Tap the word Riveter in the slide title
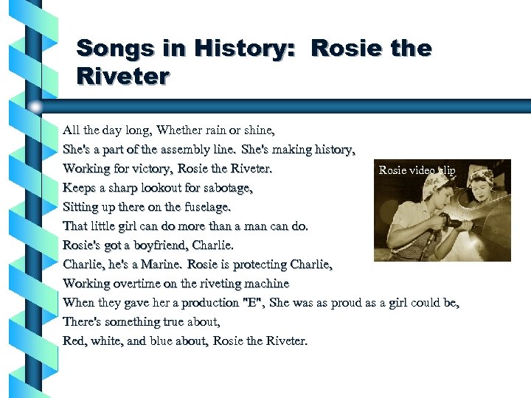pos(123,76)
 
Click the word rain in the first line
pos(208,130)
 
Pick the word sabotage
pos(225,188)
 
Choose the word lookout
pos(156,188)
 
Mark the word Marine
pos(162,265)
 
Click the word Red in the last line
pos(74,341)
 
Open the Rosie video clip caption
pos(417,170)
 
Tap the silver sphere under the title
pos(35,107)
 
